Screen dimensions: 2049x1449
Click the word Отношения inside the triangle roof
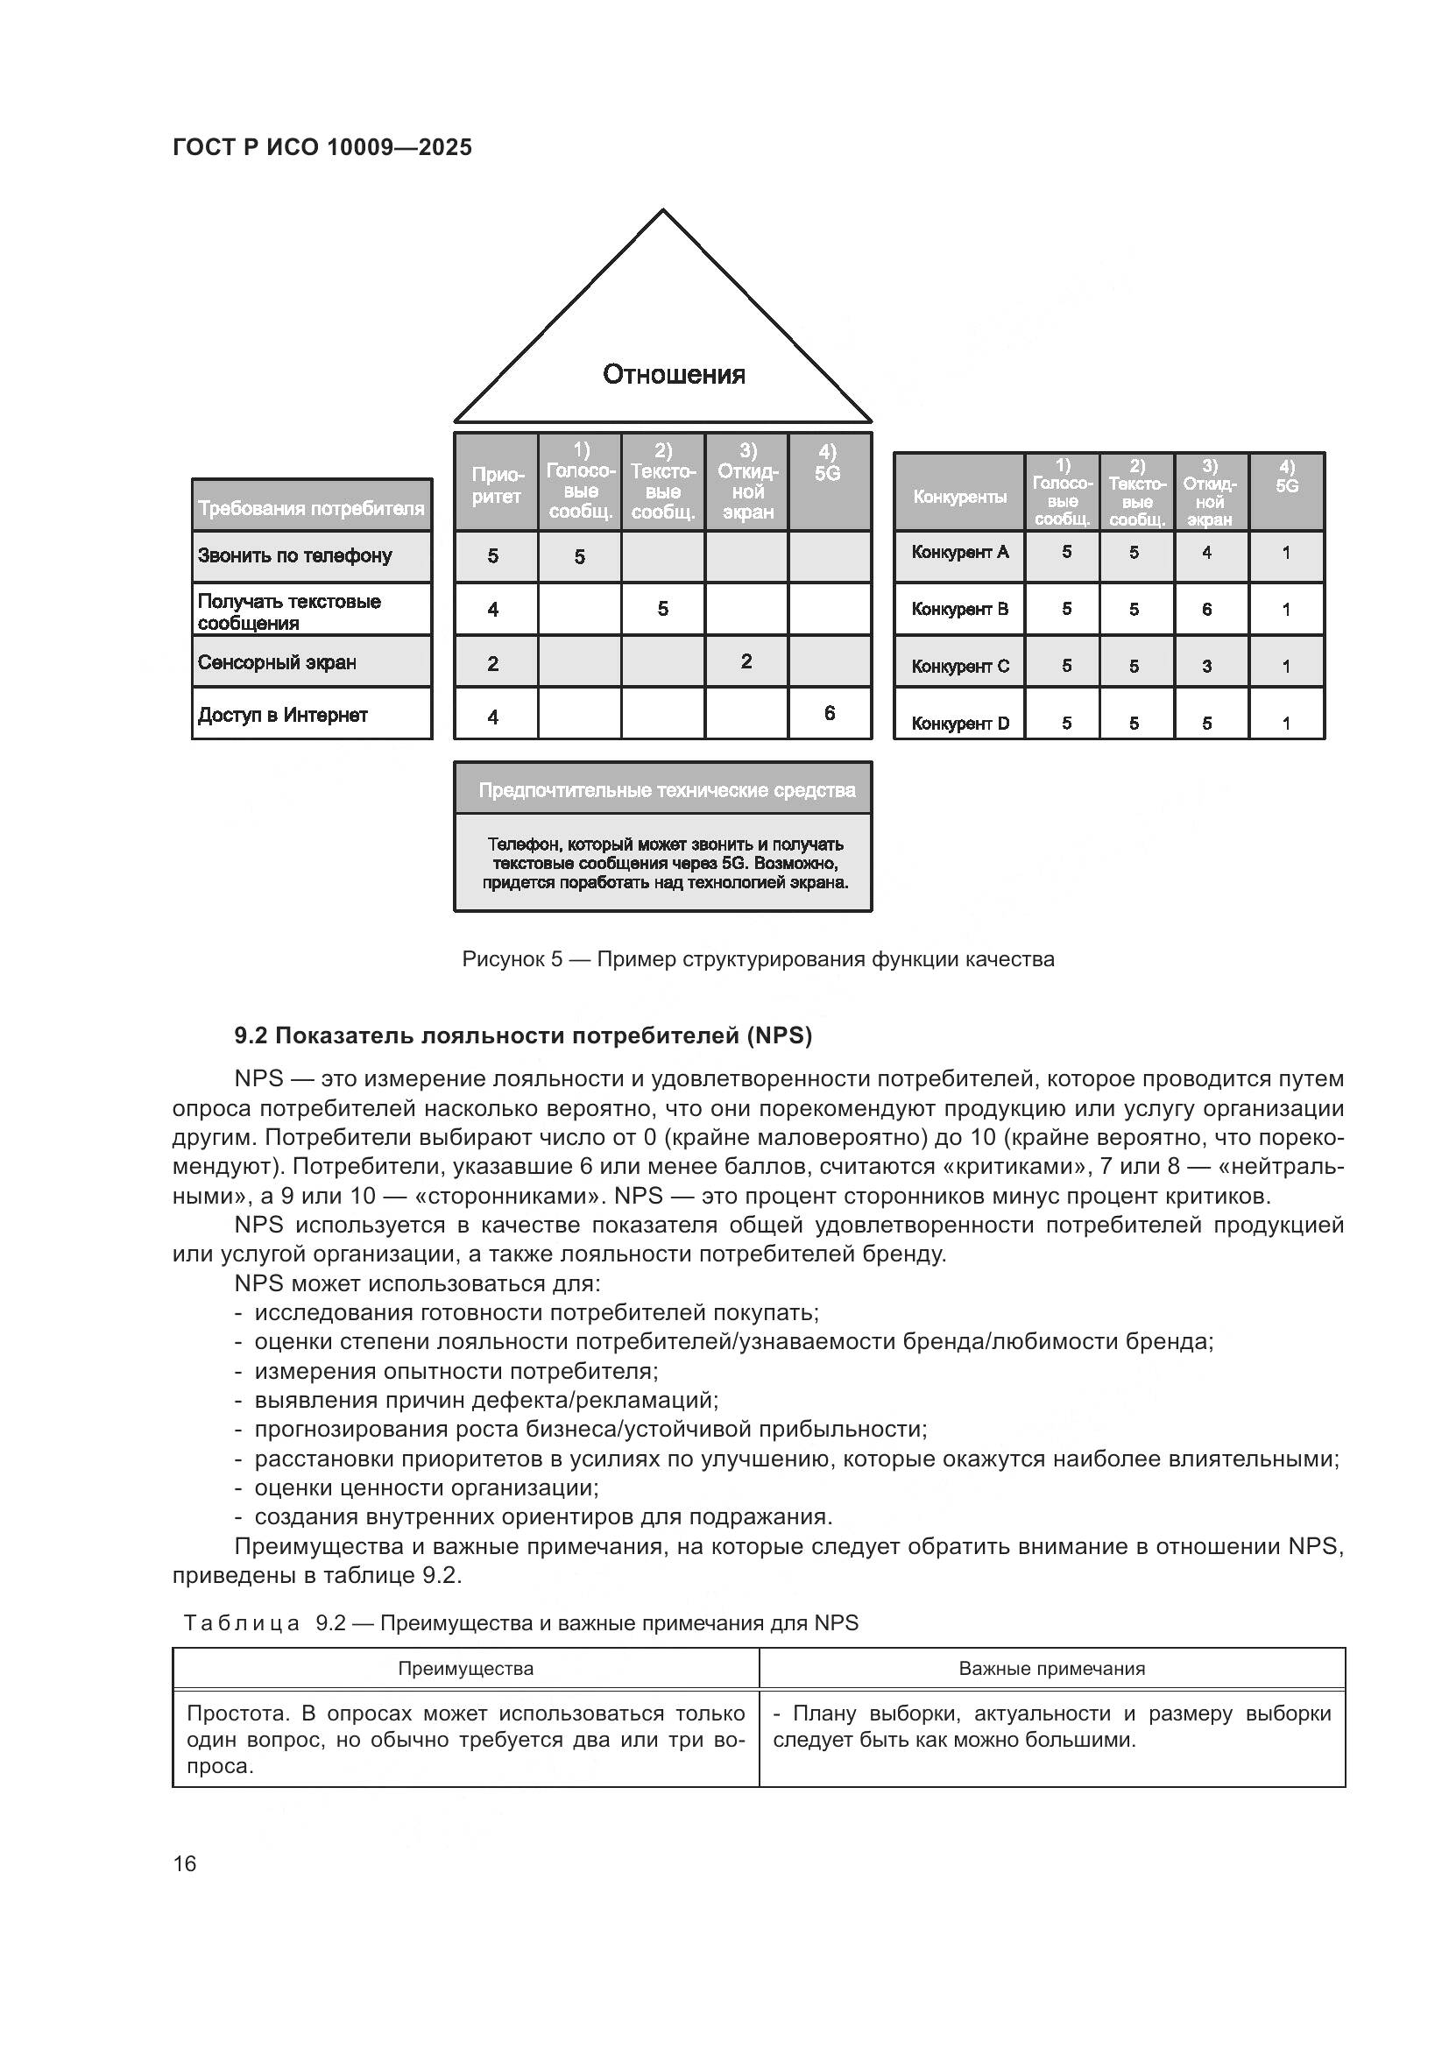point(674,374)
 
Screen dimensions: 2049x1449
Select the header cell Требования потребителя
point(311,508)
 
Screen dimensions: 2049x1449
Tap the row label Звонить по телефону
point(294,555)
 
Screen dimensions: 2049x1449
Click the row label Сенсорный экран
point(277,662)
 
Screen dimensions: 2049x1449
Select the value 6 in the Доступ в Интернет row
point(829,712)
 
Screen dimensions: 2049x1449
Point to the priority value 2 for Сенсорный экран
point(492,663)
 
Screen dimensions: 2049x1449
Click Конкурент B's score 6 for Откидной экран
point(1206,609)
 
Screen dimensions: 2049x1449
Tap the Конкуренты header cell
point(959,496)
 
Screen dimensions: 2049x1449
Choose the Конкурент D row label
point(960,723)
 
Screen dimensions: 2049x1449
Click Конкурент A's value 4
point(1206,553)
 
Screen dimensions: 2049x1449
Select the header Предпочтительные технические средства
point(667,790)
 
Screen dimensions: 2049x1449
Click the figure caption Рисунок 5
point(758,959)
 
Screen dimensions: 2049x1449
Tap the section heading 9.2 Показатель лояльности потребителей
point(523,1035)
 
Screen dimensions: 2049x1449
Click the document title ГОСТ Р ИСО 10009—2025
point(322,147)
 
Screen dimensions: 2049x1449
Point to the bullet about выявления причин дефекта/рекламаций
point(486,1399)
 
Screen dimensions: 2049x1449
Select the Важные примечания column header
point(1051,1668)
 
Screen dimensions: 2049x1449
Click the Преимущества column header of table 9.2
point(465,1668)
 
